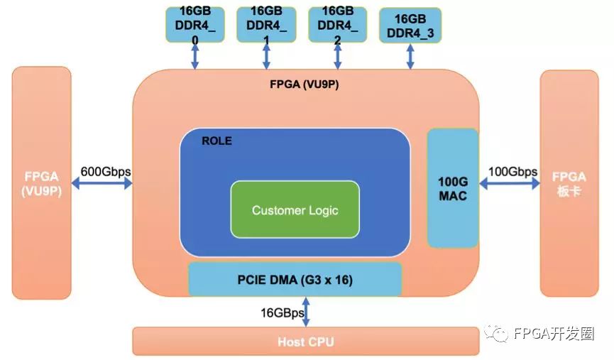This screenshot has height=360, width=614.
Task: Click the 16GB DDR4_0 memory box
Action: pos(194,24)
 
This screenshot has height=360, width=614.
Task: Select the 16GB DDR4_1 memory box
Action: pos(266,24)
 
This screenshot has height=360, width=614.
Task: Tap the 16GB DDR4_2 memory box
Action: pos(338,24)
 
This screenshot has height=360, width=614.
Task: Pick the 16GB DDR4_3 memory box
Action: pos(410,26)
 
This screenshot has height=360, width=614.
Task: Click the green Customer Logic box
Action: pos(295,209)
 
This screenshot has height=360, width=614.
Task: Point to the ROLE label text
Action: pos(216,141)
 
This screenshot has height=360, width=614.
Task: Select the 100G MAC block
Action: pos(452,188)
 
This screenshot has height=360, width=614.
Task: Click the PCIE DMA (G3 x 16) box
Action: pos(295,279)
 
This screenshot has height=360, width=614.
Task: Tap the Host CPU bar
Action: pos(305,342)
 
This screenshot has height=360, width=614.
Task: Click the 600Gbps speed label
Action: pos(106,171)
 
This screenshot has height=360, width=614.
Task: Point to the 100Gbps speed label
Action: pos(512,171)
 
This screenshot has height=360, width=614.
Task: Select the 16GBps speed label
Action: pos(282,312)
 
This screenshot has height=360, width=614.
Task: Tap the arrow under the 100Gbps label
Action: pos(510,183)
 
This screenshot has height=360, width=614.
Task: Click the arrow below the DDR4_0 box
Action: pos(194,56)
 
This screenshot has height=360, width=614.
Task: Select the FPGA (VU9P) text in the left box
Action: pos(41,184)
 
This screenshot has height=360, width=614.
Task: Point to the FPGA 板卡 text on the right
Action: pos(570,184)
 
